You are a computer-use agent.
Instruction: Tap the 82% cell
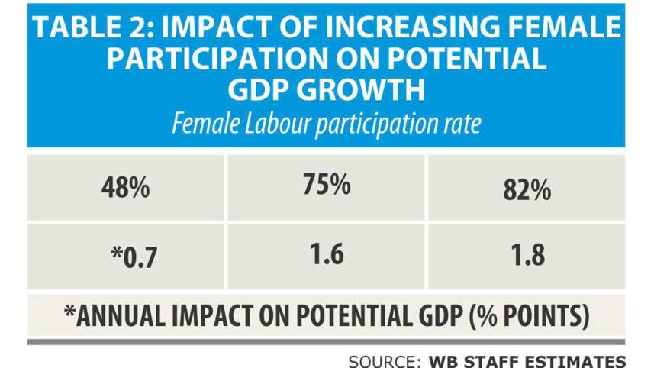click(x=526, y=190)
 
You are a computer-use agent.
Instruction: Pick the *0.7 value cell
click(x=126, y=256)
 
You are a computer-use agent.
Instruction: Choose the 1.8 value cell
click(x=526, y=255)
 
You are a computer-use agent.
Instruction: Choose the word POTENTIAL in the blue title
click(x=466, y=59)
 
